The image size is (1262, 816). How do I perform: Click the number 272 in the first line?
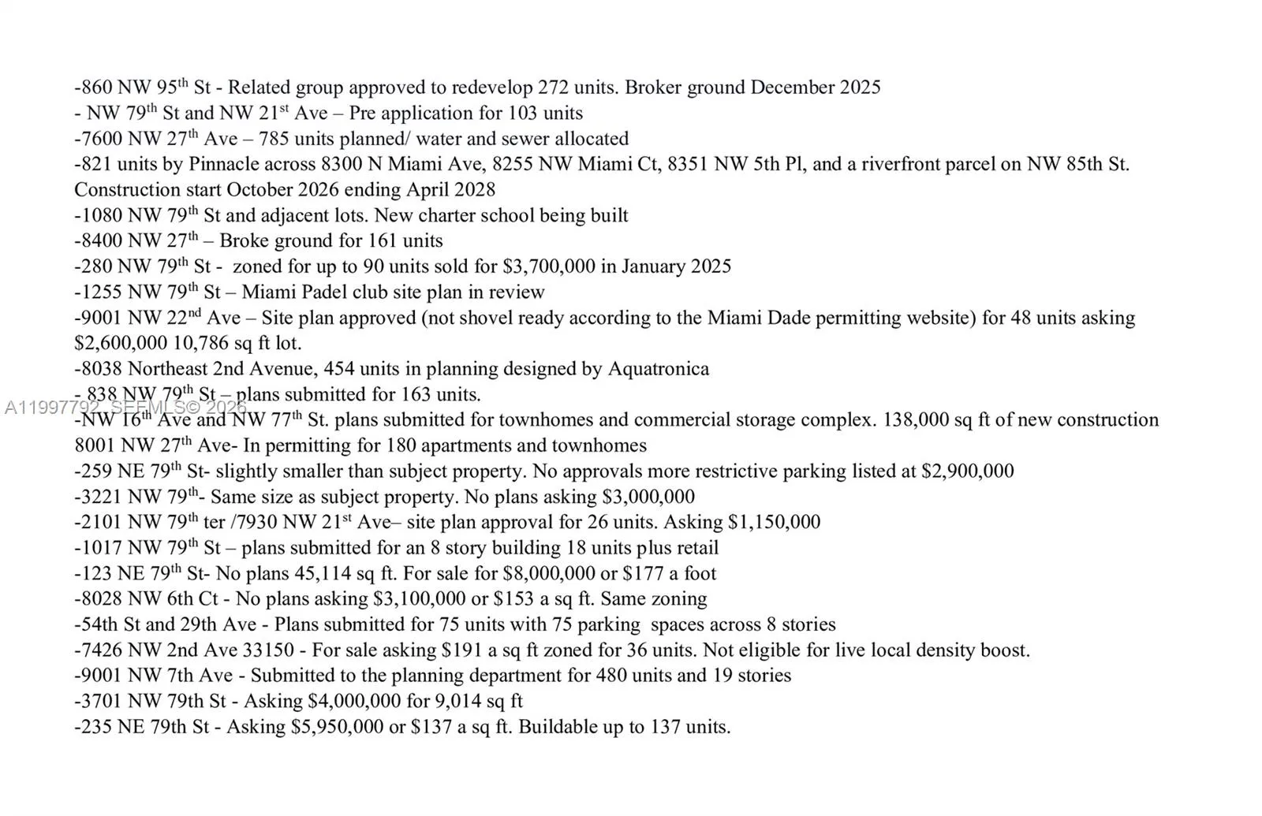pos(552,88)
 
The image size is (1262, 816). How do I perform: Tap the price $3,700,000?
pos(549,266)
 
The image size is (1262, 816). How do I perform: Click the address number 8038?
pos(101,369)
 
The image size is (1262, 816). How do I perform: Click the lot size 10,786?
pos(206,344)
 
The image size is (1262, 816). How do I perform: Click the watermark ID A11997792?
pos(52,408)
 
